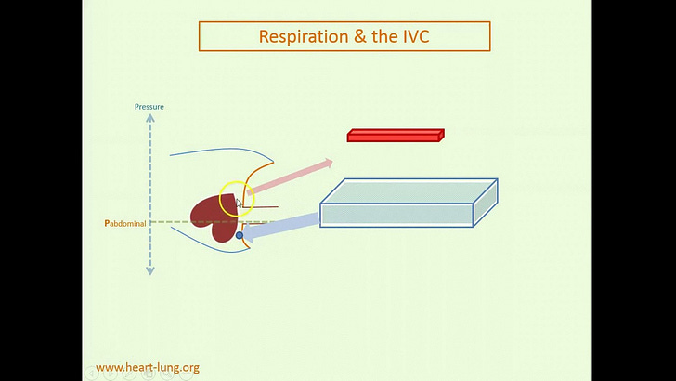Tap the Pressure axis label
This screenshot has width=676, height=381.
[149, 107]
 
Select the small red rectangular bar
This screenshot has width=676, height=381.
[396, 136]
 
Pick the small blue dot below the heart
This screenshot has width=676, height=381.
[240, 236]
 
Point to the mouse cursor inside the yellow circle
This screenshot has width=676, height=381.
[239, 203]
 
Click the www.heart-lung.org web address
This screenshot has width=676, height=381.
[148, 368]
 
